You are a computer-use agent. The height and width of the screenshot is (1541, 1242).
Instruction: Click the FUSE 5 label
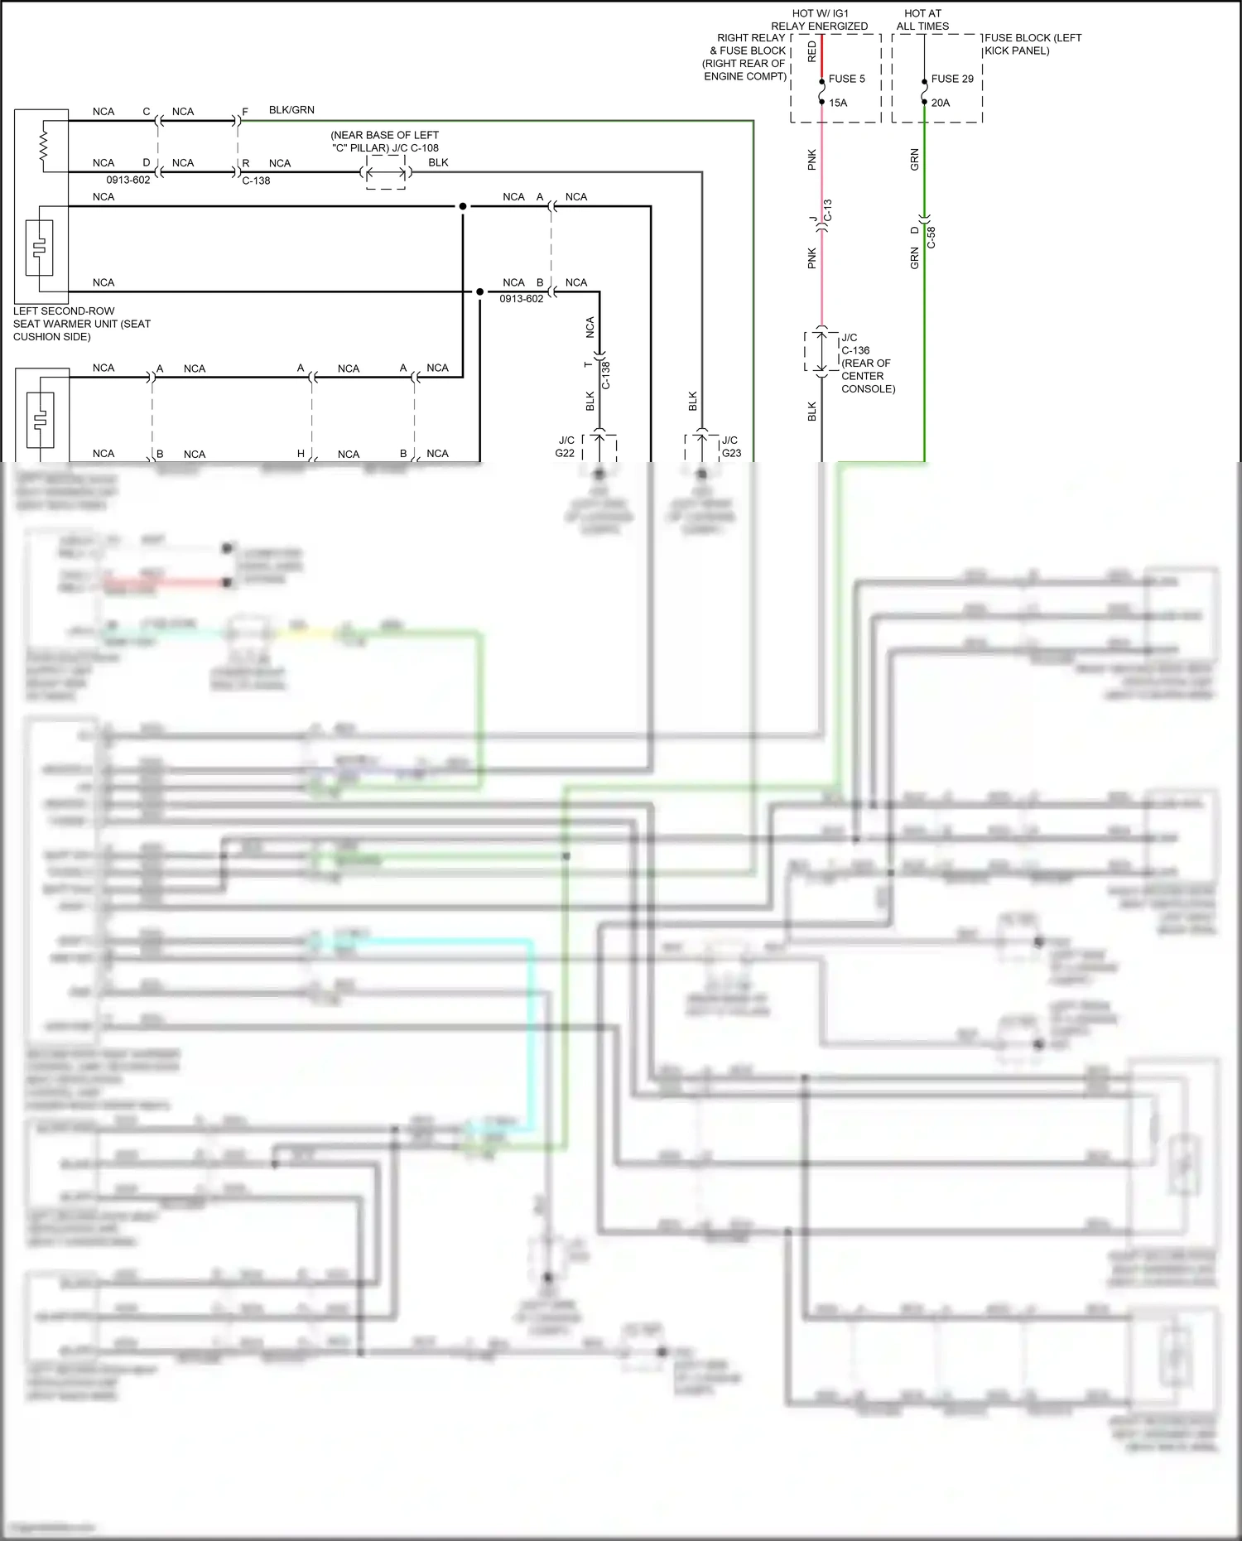(x=846, y=79)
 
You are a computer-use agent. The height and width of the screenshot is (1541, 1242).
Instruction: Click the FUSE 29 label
(x=951, y=79)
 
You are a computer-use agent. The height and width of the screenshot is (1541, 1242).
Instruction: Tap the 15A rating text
(x=838, y=103)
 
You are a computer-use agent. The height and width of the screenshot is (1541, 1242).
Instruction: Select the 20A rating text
(x=940, y=103)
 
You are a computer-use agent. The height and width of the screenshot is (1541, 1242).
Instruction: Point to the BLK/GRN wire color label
(x=291, y=109)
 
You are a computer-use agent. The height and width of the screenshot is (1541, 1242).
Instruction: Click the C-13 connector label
(x=827, y=210)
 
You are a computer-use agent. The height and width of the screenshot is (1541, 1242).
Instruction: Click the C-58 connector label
(x=931, y=237)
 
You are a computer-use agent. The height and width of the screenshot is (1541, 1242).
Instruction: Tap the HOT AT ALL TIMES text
(x=922, y=20)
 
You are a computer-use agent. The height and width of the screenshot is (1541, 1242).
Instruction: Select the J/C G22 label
(x=566, y=446)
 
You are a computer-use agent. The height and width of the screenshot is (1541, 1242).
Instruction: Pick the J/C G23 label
(x=731, y=446)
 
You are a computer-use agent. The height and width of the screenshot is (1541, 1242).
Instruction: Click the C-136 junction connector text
(x=855, y=350)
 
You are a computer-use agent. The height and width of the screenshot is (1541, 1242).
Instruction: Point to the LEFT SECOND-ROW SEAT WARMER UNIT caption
(x=81, y=324)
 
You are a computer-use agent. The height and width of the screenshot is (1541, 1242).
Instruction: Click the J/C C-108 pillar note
(x=385, y=142)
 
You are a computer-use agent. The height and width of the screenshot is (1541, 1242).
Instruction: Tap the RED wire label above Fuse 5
(x=811, y=51)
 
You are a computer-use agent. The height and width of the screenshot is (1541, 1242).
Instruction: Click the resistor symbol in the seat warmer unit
(x=44, y=146)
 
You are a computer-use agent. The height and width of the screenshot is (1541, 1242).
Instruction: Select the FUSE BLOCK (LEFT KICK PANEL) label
(x=1032, y=44)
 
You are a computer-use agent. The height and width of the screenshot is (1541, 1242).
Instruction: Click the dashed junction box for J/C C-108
(x=386, y=173)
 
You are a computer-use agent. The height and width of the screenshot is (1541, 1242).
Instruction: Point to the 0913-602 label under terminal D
(x=128, y=180)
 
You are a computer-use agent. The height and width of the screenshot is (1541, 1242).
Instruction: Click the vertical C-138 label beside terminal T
(x=605, y=375)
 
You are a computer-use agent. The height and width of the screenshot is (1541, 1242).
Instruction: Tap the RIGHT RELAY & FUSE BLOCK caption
(x=745, y=56)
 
